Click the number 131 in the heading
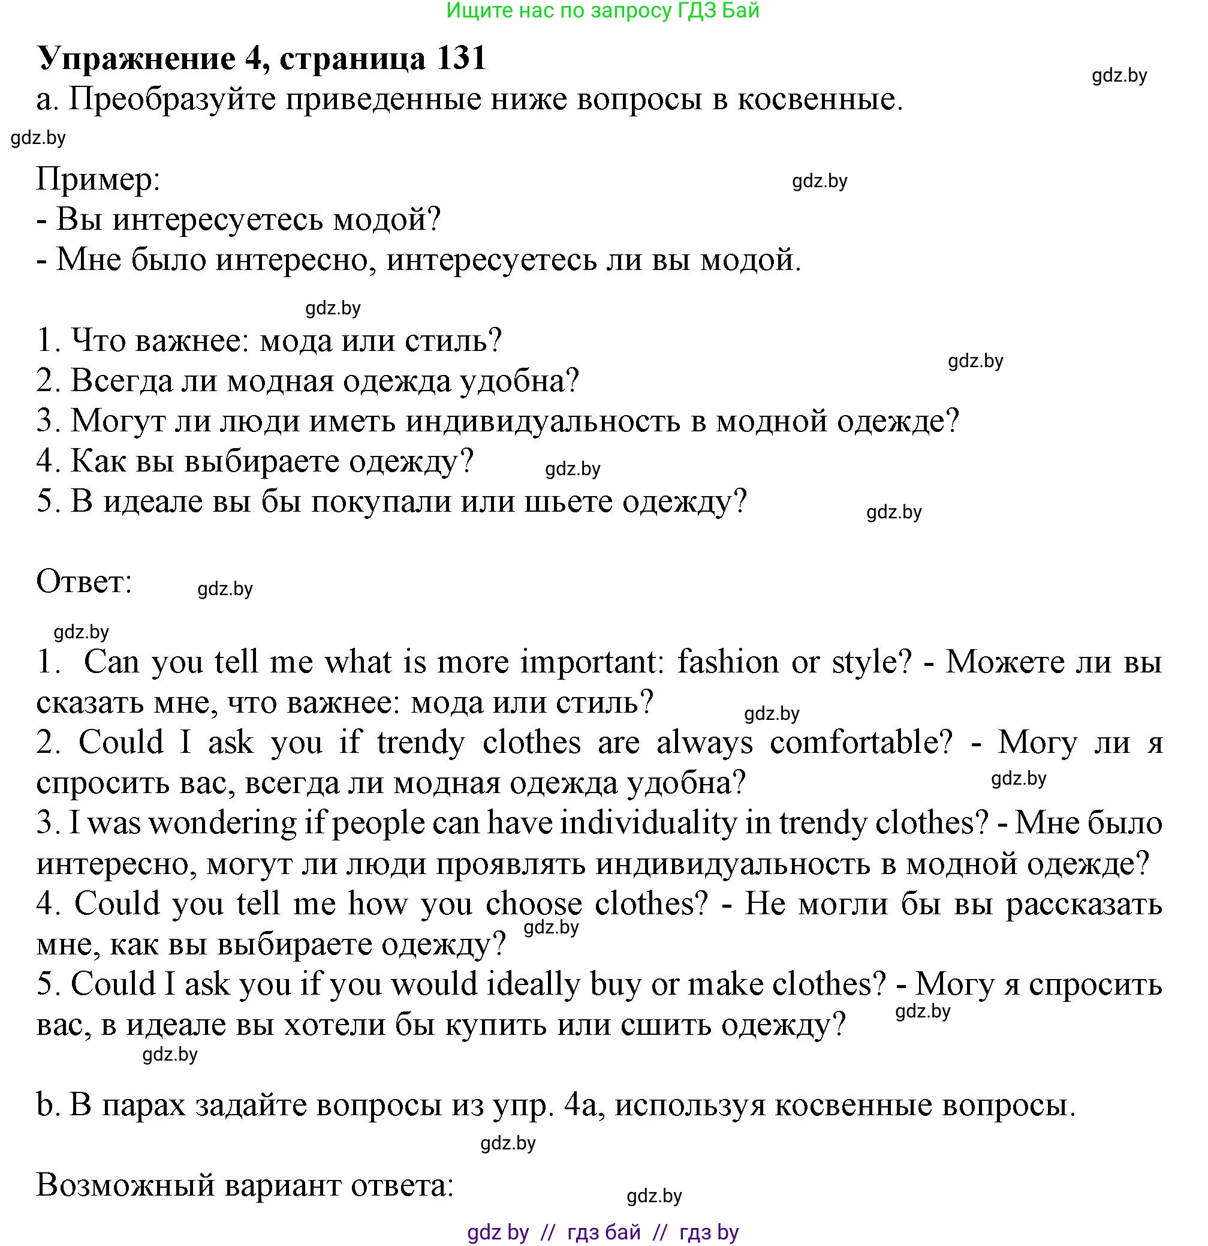(460, 58)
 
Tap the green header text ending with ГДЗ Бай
(603, 10)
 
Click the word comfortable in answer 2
(861, 743)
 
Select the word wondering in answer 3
(222, 823)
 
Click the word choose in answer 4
(533, 904)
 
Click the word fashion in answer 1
(728, 662)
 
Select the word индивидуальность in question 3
(543, 421)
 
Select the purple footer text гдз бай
(603, 1233)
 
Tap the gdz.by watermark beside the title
(1119, 76)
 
